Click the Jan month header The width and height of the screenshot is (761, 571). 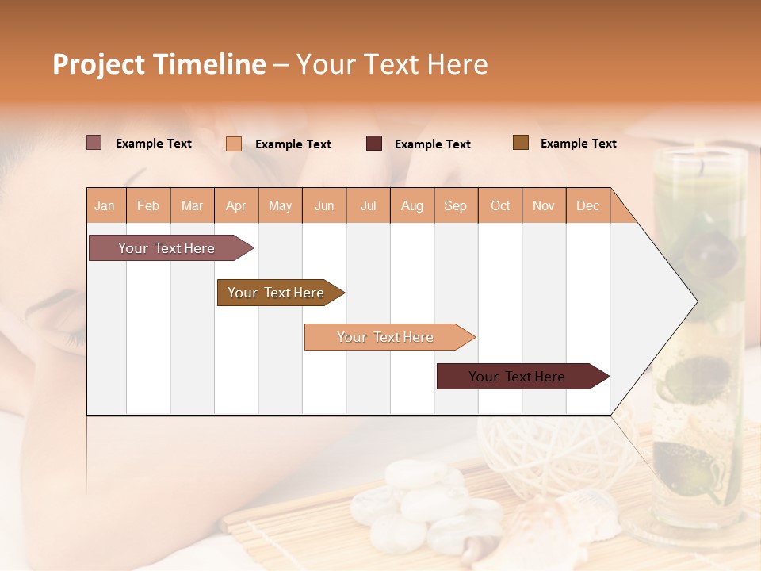pyautogui.click(x=105, y=205)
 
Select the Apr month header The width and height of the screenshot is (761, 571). pyautogui.click(x=236, y=205)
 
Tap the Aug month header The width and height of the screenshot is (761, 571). pyautogui.click(x=411, y=205)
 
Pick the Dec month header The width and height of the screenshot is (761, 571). pyautogui.click(x=587, y=205)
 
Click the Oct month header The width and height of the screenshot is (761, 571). pyautogui.click(x=500, y=205)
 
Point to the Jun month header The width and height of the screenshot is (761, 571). pyautogui.click(x=324, y=205)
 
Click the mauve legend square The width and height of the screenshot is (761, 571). pyautogui.click(x=94, y=143)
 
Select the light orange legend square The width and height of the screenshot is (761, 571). pyautogui.click(x=234, y=144)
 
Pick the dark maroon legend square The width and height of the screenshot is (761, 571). pyautogui.click(x=374, y=144)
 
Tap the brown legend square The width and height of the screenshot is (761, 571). pyautogui.click(x=521, y=143)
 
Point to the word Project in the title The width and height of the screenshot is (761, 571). pyautogui.click(x=99, y=64)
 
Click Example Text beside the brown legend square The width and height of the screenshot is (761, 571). pyautogui.click(x=578, y=143)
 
